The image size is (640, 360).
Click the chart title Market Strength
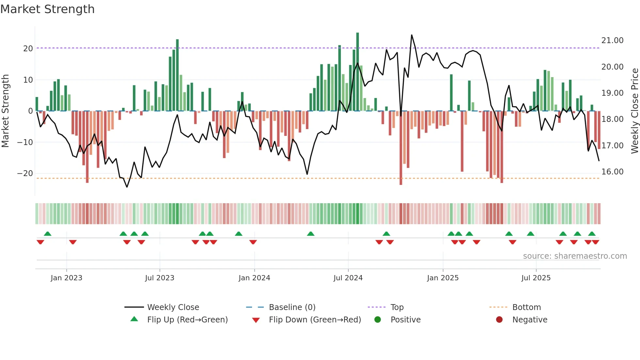coord(47,9)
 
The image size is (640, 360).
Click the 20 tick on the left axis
coord(28,49)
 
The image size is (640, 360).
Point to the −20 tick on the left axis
coord(25,173)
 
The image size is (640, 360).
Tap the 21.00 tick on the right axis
coord(612,41)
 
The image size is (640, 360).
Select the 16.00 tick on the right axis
coord(612,172)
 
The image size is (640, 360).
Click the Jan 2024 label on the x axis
coord(254,278)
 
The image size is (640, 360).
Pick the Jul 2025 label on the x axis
coord(536,278)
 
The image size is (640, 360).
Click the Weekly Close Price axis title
coord(634,111)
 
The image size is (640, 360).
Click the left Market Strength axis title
coord(5,111)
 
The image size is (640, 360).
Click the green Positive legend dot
coord(377,320)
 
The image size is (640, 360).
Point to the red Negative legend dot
coord(499,320)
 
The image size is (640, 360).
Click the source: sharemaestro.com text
coord(575,256)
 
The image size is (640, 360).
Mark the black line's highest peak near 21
coord(411,35)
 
